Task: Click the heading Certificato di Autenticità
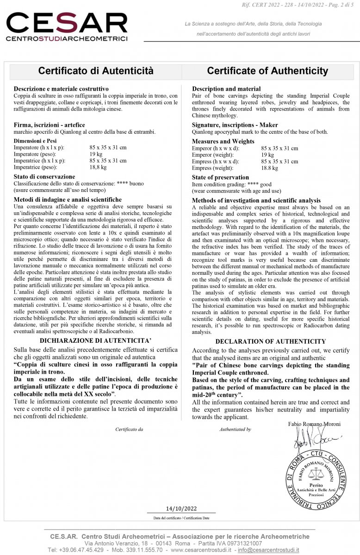(x=95, y=71)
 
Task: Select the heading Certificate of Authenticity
(x=267, y=71)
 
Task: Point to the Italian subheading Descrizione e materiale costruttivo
(x=61, y=88)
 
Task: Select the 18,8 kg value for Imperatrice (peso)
(x=98, y=167)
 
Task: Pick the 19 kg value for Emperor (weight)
(x=267, y=155)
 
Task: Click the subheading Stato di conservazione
(x=44, y=177)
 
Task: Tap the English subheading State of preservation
(x=220, y=177)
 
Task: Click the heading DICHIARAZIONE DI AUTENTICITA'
(x=96, y=341)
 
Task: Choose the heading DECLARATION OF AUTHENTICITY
(x=270, y=341)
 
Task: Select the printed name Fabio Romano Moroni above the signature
(x=314, y=424)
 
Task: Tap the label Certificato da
(x=129, y=429)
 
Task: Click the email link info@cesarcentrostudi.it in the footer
(x=268, y=550)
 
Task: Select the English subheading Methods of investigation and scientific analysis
(x=256, y=200)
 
